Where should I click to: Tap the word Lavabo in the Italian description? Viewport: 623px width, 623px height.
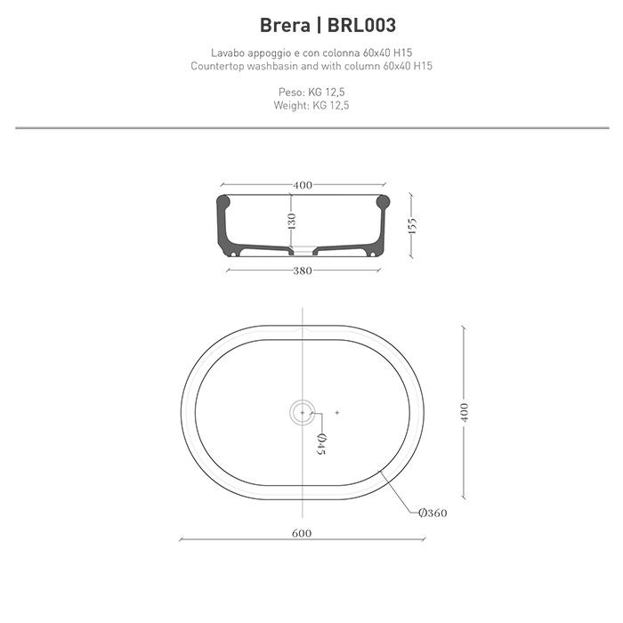click(x=224, y=53)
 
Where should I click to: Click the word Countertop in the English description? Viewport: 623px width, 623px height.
click(x=220, y=67)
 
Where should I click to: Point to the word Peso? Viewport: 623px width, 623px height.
click(x=291, y=92)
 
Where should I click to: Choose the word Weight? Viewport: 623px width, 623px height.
click(x=291, y=105)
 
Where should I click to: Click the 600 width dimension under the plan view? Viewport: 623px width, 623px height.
click(x=302, y=533)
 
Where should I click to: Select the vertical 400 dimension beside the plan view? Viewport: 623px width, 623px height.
click(x=465, y=412)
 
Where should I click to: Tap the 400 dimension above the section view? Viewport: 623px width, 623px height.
click(x=303, y=185)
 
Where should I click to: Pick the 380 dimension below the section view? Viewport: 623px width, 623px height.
click(x=303, y=271)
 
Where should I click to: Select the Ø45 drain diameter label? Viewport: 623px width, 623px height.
click(x=322, y=442)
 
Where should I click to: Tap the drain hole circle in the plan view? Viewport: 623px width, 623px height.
click(x=303, y=412)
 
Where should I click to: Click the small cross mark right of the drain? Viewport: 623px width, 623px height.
click(x=337, y=412)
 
